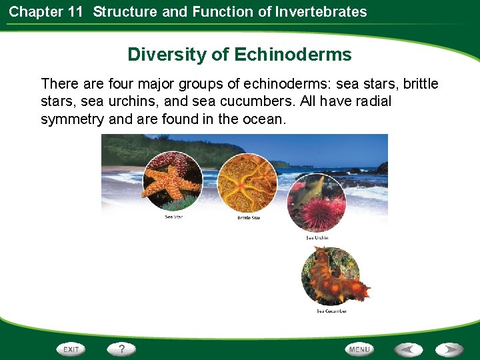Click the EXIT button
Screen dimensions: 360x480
71,349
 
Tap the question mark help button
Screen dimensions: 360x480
122,349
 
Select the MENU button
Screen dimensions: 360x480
359,349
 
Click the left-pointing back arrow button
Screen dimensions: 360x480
408,349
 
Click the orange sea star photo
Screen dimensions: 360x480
174,179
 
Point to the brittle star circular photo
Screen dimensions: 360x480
248,184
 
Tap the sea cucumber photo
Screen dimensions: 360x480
332,275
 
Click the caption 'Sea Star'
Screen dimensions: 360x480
174,217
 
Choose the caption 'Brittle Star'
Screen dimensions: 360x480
249,218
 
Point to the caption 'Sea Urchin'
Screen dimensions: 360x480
317,238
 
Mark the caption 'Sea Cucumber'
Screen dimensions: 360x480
331,311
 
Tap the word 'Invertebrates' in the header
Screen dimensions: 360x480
321,11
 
